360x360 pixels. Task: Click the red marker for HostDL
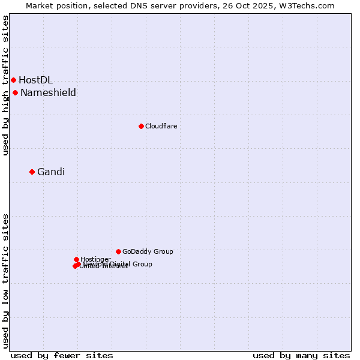tap(13, 80)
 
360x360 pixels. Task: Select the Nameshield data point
tap(15, 92)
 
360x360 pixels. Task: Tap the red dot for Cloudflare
tap(141, 126)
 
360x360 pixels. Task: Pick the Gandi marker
tap(32, 172)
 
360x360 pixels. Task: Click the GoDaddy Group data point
tap(118, 251)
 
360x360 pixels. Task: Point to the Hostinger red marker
tap(76, 259)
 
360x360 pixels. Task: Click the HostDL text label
tap(35, 80)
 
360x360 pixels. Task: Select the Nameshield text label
tap(48, 92)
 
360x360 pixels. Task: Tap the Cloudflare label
tap(161, 126)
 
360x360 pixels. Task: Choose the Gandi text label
tap(51, 172)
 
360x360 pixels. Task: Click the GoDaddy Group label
tap(148, 251)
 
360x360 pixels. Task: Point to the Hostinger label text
tap(95, 259)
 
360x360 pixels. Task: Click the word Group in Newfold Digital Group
tap(142, 264)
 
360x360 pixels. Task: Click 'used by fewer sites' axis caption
tap(62, 355)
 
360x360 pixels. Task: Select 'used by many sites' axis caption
tap(301, 355)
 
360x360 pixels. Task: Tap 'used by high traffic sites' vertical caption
tap(5, 86)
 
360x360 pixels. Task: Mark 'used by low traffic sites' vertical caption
tap(5, 280)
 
